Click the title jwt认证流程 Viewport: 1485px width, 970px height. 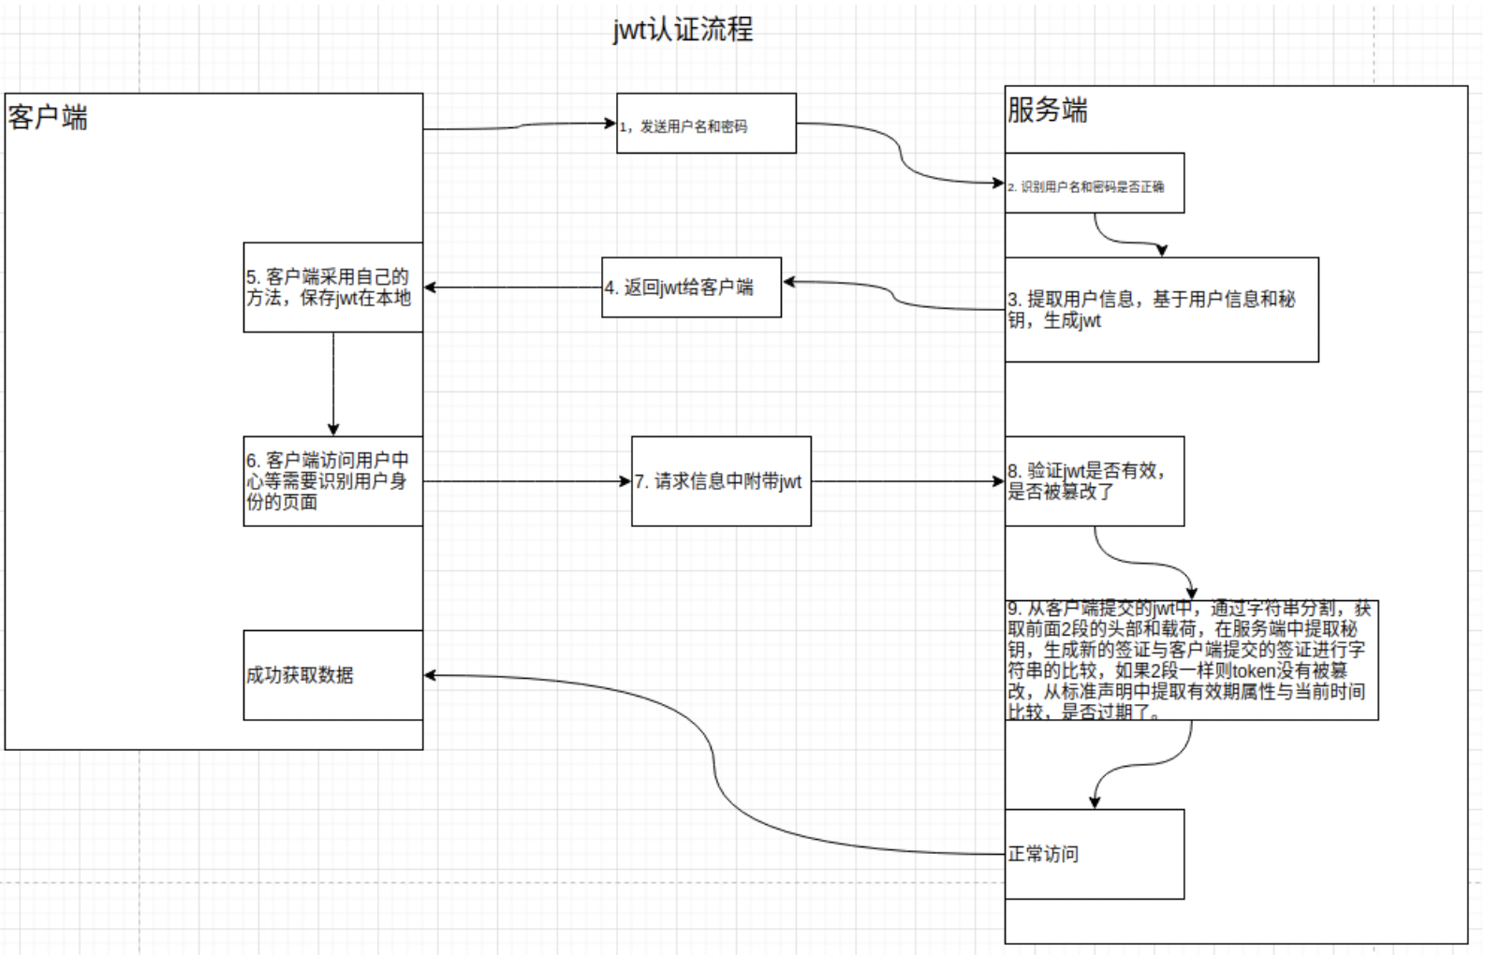(x=683, y=30)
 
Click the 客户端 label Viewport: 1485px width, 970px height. (x=48, y=118)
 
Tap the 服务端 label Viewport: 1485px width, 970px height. (x=1047, y=110)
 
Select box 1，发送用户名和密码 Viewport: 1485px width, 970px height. (x=706, y=124)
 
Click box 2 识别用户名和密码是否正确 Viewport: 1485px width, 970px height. (x=1094, y=184)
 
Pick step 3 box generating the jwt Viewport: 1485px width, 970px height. (x=1161, y=310)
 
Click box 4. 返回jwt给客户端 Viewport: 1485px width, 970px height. (x=691, y=287)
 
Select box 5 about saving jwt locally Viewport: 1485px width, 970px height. (x=332, y=287)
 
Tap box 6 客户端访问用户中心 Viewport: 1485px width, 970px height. (x=332, y=481)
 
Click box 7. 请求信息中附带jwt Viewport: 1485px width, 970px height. (x=721, y=481)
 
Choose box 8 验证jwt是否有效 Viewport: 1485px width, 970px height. (x=1094, y=481)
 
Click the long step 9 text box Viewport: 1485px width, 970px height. (x=1191, y=660)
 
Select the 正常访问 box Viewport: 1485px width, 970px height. (x=1094, y=854)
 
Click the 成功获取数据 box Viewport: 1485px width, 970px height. (x=332, y=675)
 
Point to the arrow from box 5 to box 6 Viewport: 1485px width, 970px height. (x=333, y=384)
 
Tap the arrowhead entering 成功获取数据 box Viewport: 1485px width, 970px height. (x=430, y=675)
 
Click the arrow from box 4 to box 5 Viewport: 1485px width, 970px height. (x=512, y=287)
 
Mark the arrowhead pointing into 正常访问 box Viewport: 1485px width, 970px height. (x=1095, y=802)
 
